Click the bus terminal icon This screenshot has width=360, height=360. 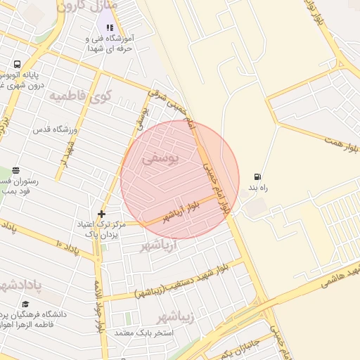coord(15,65)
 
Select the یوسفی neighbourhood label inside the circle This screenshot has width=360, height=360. coord(160,160)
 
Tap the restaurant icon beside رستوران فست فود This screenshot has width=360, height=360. coord(15,170)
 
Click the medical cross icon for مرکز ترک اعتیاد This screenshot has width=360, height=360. coord(102,213)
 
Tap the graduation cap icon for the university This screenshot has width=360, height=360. coord(25,304)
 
